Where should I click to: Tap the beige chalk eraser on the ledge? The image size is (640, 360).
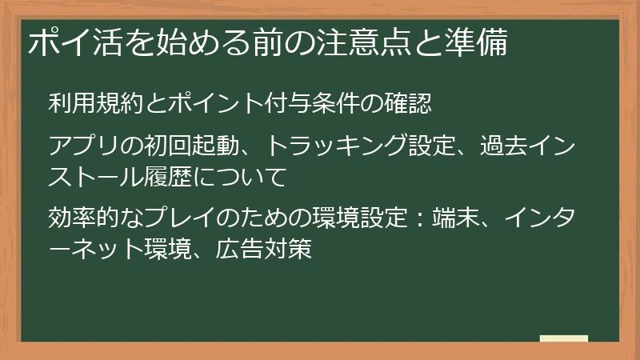pyautogui.click(x=563, y=339)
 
